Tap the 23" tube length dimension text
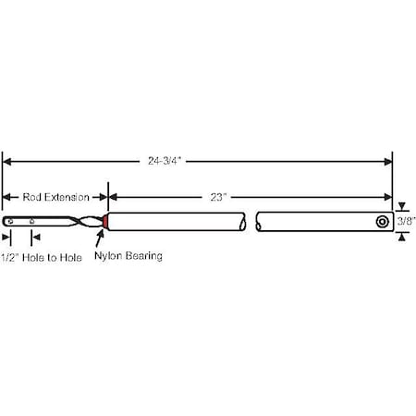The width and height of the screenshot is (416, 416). [x=218, y=197]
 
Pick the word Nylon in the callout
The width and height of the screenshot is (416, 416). [x=110, y=256]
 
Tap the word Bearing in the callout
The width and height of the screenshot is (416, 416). [x=143, y=256]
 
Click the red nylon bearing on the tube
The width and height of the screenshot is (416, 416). [x=106, y=222]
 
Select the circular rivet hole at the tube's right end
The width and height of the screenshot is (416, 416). [x=382, y=222]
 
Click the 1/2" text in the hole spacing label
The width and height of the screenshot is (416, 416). [x=11, y=256]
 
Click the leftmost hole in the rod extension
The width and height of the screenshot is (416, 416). [x=10, y=222]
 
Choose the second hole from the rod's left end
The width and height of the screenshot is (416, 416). [x=32, y=222]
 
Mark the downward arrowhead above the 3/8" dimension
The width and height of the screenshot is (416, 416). [x=401, y=207]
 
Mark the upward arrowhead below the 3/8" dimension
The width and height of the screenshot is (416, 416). [x=401, y=237]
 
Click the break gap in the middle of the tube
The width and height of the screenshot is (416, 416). [x=251, y=222]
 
